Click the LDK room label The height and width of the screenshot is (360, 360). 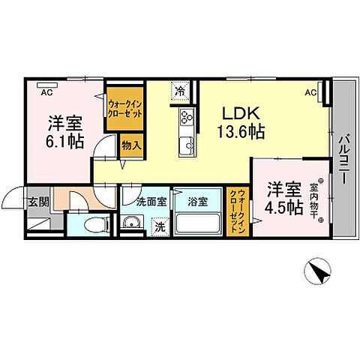coord(240,115)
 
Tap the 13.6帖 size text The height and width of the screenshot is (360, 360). coord(240,133)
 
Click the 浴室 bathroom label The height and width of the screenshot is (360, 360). coord(197,201)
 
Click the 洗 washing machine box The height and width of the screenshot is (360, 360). coord(159,226)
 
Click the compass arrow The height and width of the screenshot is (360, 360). coord(320,271)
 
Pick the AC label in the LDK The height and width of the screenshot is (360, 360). coord(310,93)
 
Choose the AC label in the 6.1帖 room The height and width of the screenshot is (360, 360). coord(46,93)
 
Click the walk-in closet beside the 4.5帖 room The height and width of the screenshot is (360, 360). coord(237,212)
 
